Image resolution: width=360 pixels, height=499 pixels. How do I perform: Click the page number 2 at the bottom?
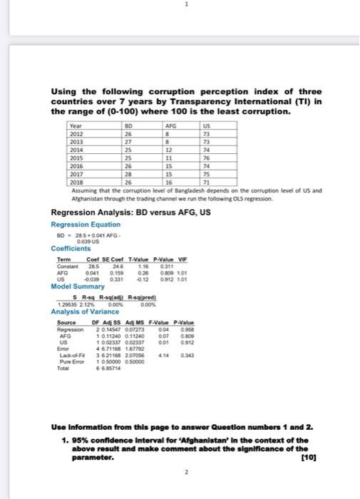pyautogui.click(x=183, y=472)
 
